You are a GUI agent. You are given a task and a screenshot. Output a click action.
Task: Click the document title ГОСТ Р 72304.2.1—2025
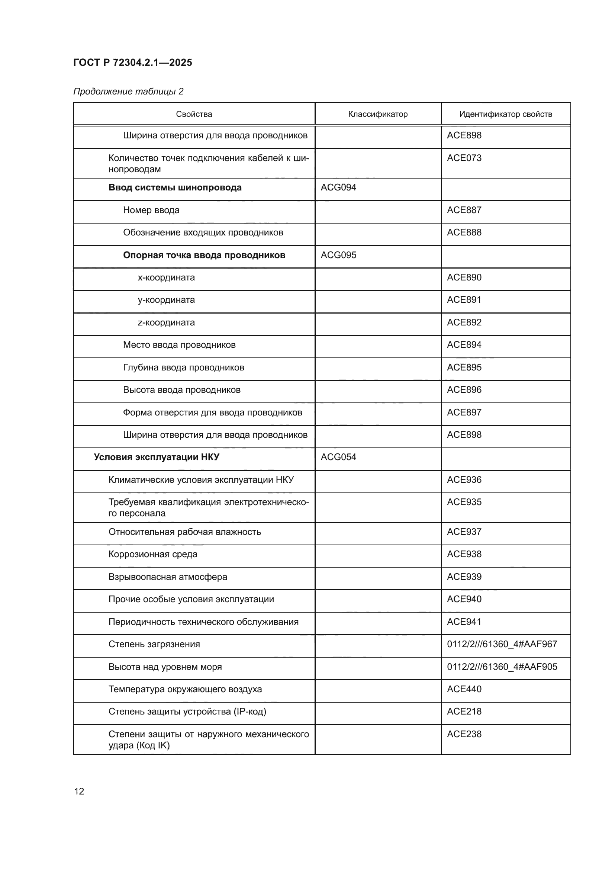(x=132, y=62)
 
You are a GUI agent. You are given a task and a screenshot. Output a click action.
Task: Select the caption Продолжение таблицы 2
(x=128, y=92)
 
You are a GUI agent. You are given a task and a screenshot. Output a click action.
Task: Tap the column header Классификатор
(x=377, y=114)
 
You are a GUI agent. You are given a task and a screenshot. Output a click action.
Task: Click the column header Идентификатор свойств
(x=505, y=114)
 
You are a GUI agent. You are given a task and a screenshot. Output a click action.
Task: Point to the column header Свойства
(x=194, y=114)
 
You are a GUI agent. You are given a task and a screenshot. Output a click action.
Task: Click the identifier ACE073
(x=464, y=158)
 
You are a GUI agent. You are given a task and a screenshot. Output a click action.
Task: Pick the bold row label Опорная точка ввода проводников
(x=204, y=255)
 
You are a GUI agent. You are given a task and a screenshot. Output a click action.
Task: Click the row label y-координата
(x=166, y=300)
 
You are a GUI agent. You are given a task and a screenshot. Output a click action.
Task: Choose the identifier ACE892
(x=464, y=322)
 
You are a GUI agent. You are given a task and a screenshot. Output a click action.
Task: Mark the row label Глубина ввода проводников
(x=183, y=367)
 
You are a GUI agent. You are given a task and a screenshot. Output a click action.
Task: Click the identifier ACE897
(x=464, y=412)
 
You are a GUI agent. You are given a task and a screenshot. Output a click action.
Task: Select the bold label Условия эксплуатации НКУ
(x=157, y=457)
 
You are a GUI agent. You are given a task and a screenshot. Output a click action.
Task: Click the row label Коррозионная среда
(x=152, y=554)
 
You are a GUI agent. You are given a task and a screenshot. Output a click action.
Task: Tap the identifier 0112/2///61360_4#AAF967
(x=502, y=644)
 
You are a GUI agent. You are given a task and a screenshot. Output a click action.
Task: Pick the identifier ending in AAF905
(x=502, y=667)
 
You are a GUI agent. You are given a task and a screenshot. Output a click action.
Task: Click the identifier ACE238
(x=464, y=734)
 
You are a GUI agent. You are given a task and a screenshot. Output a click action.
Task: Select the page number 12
(x=79, y=791)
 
